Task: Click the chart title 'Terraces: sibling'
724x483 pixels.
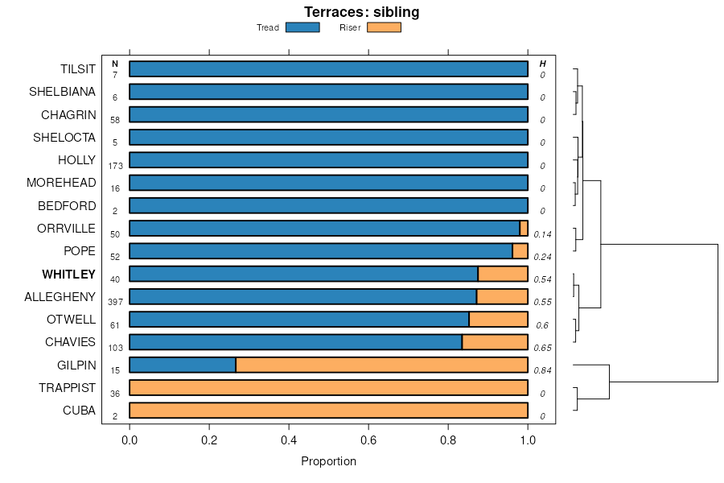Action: click(361, 12)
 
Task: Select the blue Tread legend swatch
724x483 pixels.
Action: click(302, 27)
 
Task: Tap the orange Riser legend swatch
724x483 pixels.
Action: click(384, 27)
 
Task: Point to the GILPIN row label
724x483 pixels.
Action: click(76, 365)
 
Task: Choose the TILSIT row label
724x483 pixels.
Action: click(78, 69)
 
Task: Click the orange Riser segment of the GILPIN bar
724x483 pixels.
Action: click(381, 365)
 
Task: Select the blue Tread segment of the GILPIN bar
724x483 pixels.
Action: click(183, 365)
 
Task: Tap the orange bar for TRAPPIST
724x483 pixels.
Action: click(328, 387)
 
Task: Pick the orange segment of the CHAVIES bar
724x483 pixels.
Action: click(495, 342)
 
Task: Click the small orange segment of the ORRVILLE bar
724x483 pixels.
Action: click(524, 228)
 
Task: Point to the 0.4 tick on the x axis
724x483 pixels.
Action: click(289, 440)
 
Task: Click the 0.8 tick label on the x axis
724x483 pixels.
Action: click(448, 440)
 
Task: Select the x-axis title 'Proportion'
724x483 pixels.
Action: click(328, 461)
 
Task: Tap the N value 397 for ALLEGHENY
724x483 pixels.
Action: click(115, 302)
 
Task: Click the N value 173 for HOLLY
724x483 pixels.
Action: click(115, 166)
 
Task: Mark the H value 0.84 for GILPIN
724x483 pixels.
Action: click(542, 370)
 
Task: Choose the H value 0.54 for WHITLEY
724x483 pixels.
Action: click(542, 279)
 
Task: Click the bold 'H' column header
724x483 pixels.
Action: click(542, 64)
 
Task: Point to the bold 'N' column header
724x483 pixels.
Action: click(115, 64)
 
